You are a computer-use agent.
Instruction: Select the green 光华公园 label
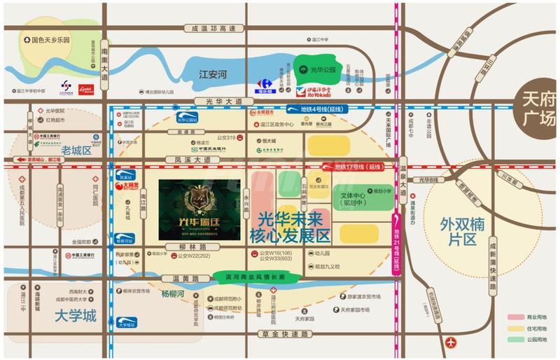click(314, 69)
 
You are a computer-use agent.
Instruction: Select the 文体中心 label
click(356, 199)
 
